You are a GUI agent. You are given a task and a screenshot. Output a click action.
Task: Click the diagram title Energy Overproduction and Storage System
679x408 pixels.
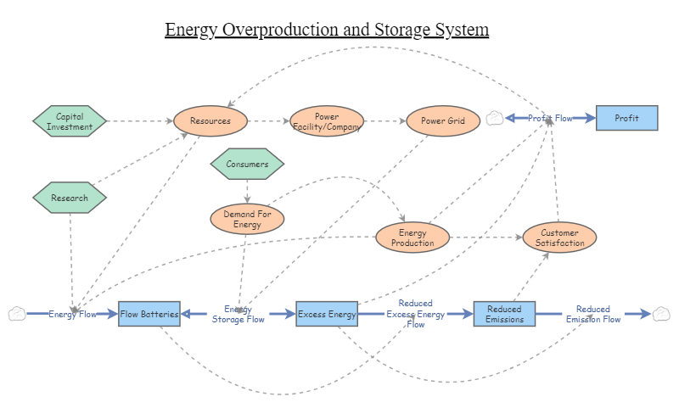327,30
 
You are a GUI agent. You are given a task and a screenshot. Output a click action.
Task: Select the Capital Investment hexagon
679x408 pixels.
70,121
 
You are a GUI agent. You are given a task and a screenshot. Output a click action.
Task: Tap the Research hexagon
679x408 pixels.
70,198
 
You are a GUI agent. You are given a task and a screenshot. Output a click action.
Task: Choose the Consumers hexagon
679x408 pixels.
247,164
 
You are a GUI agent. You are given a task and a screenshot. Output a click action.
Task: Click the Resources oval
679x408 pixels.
210,121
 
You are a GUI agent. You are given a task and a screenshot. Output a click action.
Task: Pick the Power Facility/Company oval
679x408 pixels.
327,121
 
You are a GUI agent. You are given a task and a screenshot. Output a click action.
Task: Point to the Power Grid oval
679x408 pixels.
443,121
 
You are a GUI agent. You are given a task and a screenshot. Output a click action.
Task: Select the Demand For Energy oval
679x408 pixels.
247,220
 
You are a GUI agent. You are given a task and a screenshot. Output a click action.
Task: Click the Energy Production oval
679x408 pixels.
412,238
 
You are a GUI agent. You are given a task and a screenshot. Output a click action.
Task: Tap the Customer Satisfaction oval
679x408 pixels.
559,238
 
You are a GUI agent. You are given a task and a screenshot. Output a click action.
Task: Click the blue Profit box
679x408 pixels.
626,118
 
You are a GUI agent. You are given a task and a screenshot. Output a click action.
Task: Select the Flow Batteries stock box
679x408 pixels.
149,314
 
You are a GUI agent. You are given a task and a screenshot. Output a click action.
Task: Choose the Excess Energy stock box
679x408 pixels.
327,314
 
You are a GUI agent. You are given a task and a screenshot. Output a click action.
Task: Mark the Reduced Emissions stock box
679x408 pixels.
504,314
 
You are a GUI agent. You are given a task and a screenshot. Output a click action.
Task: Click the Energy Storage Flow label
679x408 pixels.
238,314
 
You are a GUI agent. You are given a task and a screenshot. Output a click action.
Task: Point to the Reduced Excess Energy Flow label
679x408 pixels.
415,314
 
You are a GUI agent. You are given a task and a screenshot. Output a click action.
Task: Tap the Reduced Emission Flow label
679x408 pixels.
592,314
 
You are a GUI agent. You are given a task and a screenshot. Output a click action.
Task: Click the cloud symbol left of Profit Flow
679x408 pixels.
495,118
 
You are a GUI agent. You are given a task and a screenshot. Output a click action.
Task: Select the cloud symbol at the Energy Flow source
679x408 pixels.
17,314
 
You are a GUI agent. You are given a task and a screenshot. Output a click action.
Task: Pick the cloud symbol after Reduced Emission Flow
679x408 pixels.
661,314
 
